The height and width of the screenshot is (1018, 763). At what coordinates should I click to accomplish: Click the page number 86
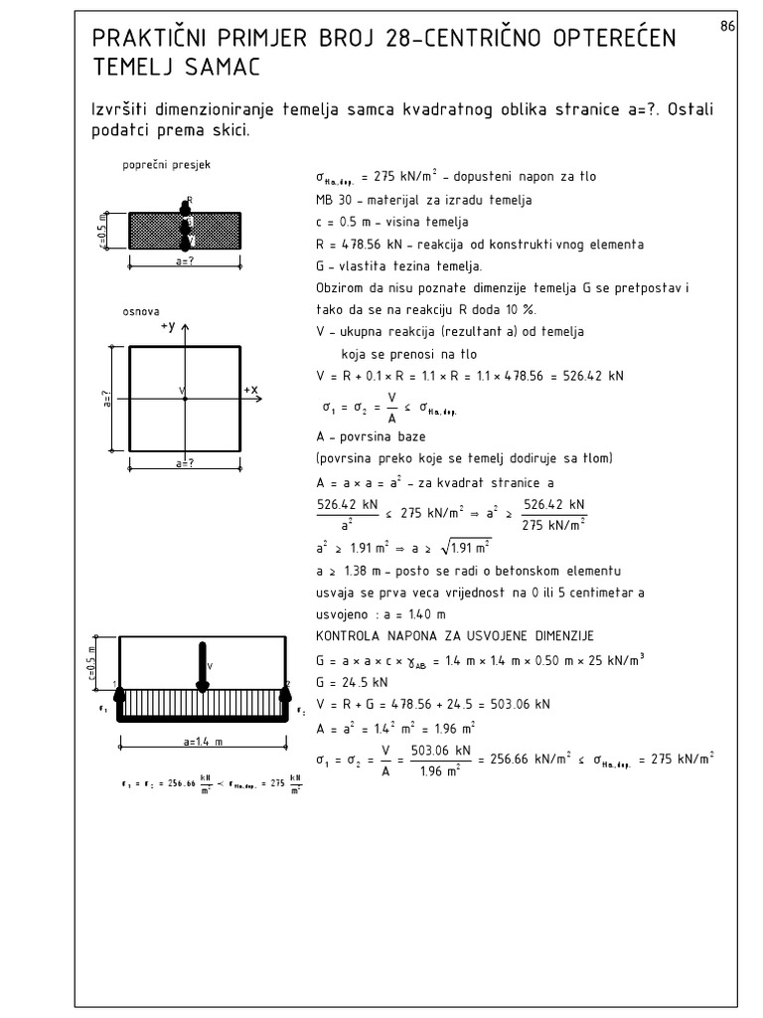point(726,27)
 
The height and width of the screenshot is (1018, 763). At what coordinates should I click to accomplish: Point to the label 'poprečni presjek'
point(159,166)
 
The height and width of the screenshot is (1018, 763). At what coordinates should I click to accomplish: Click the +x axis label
point(253,389)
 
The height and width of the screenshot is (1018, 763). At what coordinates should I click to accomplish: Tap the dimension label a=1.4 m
point(203,741)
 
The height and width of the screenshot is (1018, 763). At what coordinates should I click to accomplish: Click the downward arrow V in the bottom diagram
point(203,665)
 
